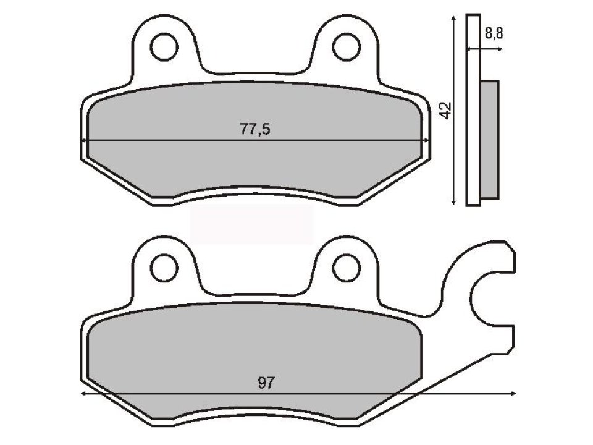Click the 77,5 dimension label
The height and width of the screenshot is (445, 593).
[255, 129]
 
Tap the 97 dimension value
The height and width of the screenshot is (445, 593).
[266, 383]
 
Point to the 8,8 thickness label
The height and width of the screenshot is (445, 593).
[494, 34]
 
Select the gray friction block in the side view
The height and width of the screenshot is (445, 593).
[489, 140]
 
